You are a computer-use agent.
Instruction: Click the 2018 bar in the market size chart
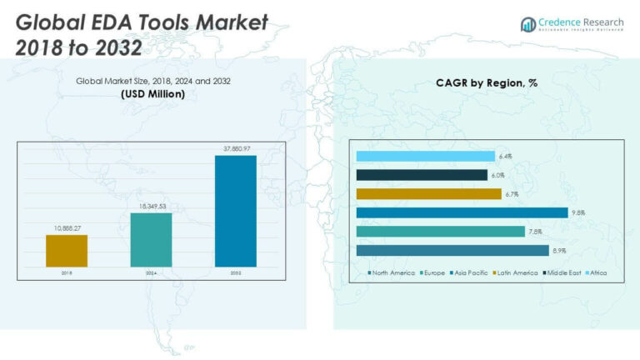click(x=67, y=251)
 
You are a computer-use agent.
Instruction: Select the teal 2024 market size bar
click(x=151, y=240)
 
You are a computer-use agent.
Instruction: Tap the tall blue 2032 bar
click(x=235, y=211)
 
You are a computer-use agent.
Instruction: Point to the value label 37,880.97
click(x=235, y=150)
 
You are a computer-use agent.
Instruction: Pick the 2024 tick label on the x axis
click(x=151, y=272)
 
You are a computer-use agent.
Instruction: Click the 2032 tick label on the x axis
click(x=235, y=272)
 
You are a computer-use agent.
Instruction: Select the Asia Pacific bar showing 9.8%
click(x=462, y=212)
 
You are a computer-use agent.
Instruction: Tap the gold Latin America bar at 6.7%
click(x=428, y=193)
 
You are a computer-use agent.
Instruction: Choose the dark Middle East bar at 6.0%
click(x=422, y=175)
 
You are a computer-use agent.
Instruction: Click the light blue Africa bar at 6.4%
click(x=425, y=156)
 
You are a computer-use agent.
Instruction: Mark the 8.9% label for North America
click(x=561, y=251)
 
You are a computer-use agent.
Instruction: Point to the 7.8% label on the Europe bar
click(x=537, y=232)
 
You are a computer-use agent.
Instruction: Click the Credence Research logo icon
click(x=527, y=24)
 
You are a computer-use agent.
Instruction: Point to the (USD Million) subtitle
click(x=152, y=94)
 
